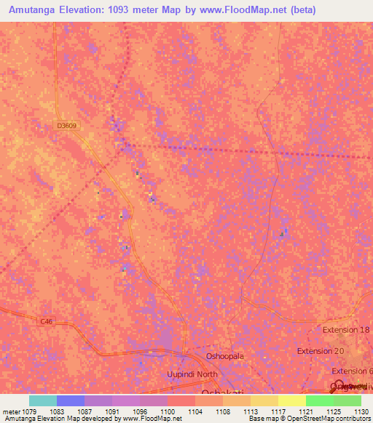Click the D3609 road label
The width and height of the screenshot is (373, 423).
coord(66,126)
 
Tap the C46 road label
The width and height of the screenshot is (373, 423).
coord(47,321)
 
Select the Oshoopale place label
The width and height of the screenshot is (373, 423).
coord(225,357)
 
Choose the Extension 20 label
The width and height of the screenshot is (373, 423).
coord(320,351)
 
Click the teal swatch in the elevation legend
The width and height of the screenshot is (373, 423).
coord(43,400)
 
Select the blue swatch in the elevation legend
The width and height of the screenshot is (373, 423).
coord(71,400)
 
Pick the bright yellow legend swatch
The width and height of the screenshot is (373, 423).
coord(291,400)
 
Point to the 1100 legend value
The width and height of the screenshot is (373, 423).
coord(167,411)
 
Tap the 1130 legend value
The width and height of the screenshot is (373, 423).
coord(361,411)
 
